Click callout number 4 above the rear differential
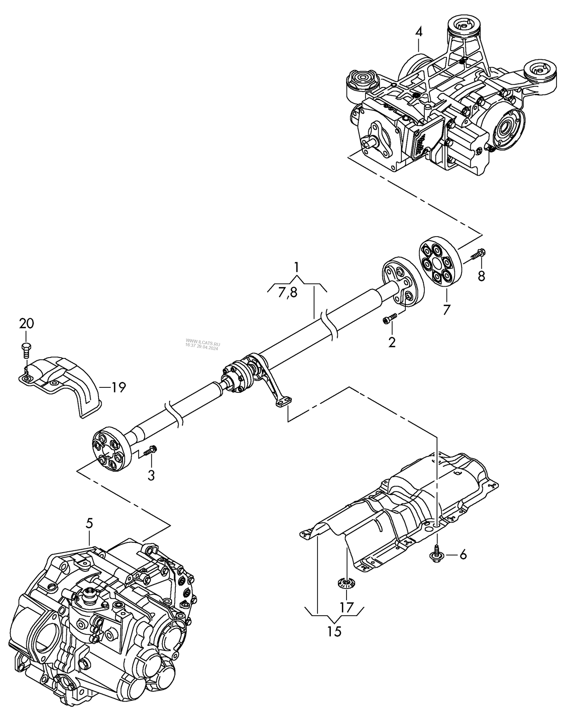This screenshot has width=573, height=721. pos(419,32)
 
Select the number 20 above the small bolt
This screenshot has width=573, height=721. pos(26,324)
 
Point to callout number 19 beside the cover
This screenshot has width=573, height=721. pos(118,388)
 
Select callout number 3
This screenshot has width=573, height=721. pos(151,476)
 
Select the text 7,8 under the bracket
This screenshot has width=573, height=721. pos(288,292)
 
